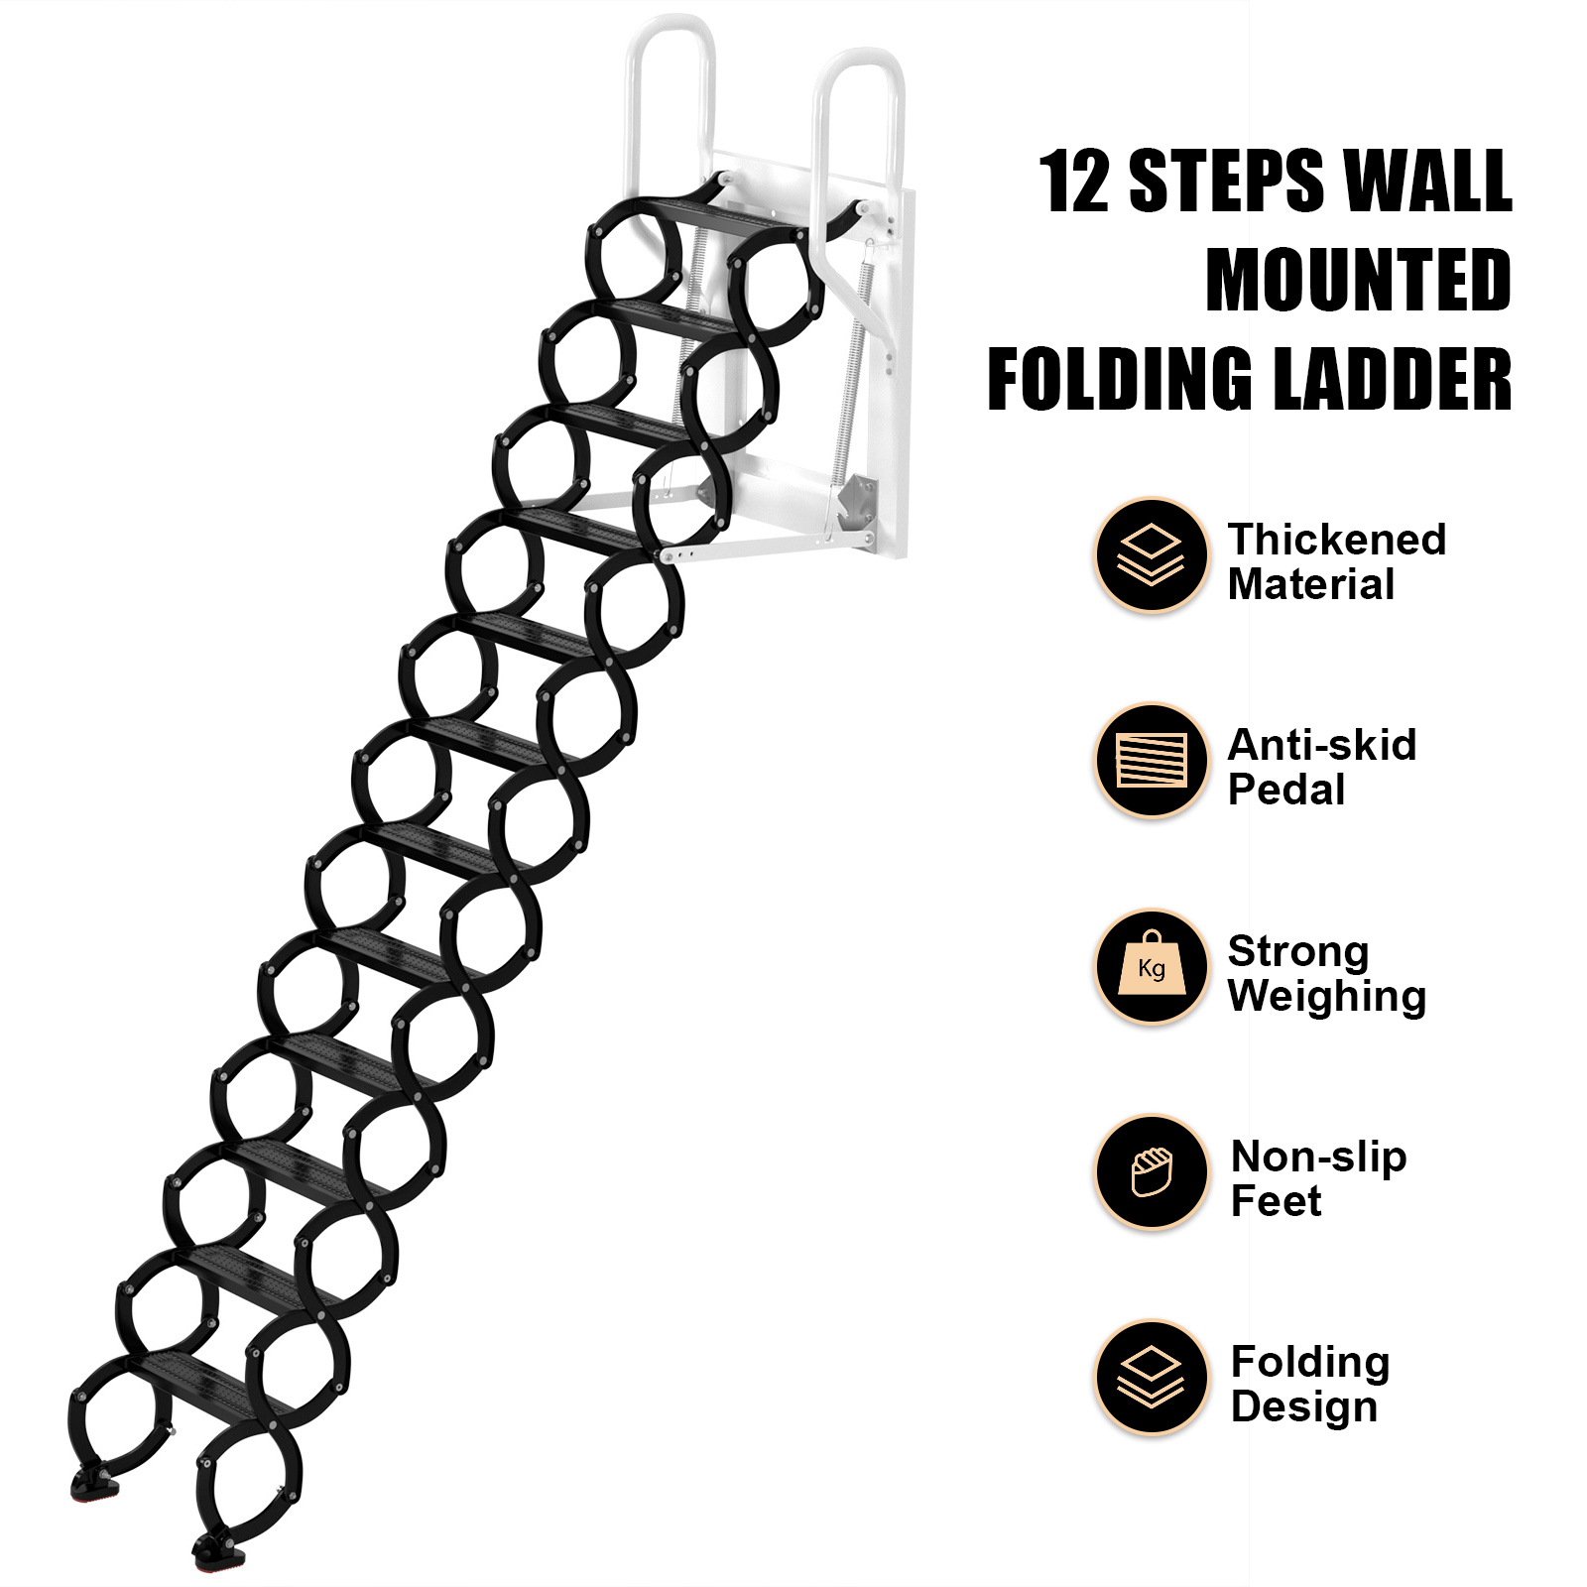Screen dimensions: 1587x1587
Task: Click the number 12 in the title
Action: (x=1074, y=181)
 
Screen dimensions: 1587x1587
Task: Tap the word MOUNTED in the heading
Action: (x=1358, y=280)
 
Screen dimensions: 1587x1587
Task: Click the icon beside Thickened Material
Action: (x=1152, y=554)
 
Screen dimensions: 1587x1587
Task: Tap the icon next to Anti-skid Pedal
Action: (x=1152, y=761)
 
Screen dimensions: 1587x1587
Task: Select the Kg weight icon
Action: (x=1152, y=967)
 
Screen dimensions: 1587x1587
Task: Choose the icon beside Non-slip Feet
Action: (x=1152, y=1172)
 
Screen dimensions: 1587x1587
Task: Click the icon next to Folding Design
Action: (x=1152, y=1378)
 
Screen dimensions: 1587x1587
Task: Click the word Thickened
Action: (x=1337, y=540)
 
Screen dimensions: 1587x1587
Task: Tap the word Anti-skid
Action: (x=1322, y=745)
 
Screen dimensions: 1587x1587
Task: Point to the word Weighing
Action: (x=1327, y=996)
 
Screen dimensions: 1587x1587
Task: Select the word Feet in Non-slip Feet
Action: (x=1277, y=1201)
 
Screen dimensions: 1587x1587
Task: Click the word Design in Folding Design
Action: (x=1304, y=1407)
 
